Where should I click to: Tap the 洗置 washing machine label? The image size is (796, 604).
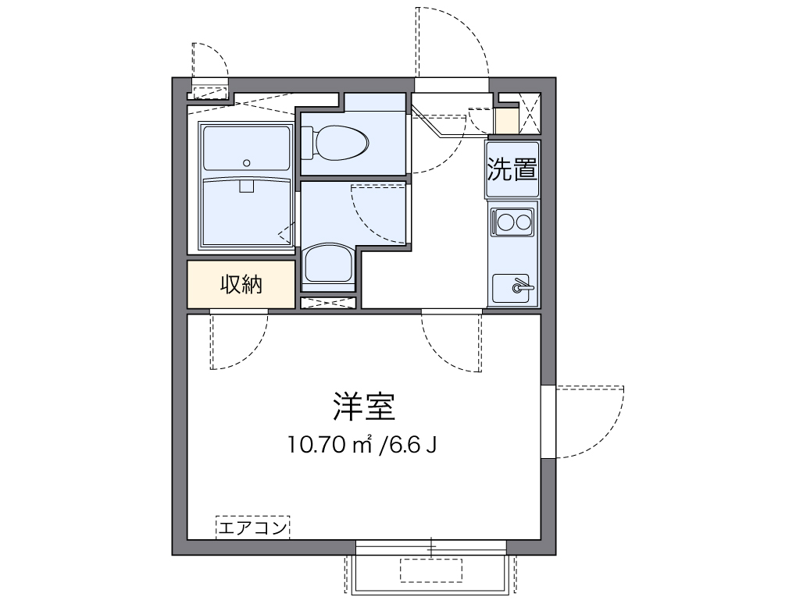click(x=512, y=169)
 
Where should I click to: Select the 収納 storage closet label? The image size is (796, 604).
click(x=241, y=285)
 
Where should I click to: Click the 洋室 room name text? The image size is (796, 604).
click(x=362, y=406)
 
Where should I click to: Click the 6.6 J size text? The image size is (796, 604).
click(x=408, y=446)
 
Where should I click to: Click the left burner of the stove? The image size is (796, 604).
click(x=503, y=222)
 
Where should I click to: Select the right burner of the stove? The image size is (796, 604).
click(x=522, y=222)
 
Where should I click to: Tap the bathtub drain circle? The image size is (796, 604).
click(x=247, y=163)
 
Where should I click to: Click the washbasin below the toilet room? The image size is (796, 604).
click(x=328, y=264)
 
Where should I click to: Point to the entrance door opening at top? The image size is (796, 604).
click(x=452, y=85)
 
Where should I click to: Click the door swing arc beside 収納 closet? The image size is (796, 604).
click(x=239, y=341)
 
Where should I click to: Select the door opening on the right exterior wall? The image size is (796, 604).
click(x=548, y=421)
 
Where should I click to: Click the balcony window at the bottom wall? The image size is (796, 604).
click(x=430, y=547)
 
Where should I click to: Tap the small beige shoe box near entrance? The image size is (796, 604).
click(x=505, y=120)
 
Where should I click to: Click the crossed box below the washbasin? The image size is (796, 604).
click(x=328, y=302)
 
